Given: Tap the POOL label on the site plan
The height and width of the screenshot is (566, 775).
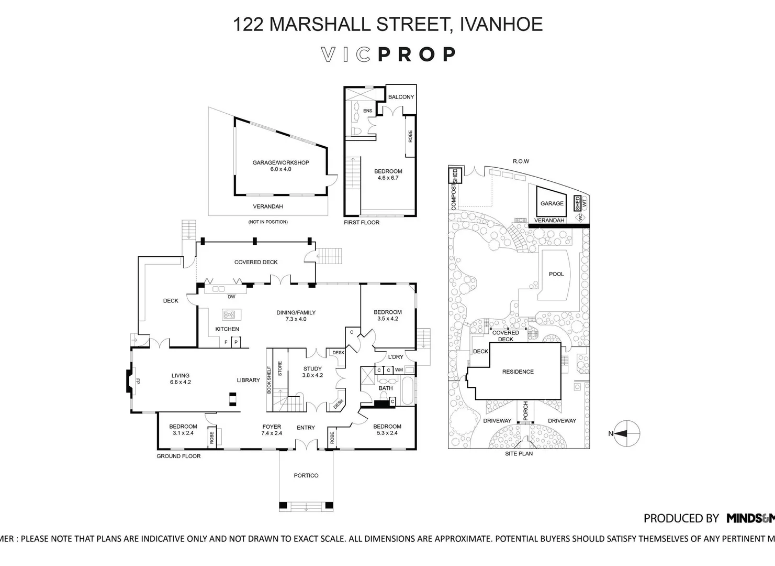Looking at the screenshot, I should tap(556, 274).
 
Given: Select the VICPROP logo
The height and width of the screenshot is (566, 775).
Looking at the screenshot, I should tap(388, 55).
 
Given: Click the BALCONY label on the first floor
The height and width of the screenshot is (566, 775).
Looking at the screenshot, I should tap(401, 97).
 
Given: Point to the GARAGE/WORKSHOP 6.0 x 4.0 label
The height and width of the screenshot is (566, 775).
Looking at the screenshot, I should tap(280, 166).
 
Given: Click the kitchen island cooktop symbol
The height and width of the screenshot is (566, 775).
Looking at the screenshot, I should tap(229, 314).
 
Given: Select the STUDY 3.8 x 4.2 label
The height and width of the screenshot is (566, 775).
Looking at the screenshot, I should tap(312, 372).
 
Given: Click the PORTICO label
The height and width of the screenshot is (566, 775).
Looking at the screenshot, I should tap(306, 475).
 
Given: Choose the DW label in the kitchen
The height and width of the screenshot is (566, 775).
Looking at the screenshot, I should tap(232, 297).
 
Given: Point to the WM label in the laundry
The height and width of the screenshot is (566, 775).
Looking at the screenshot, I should tap(399, 370).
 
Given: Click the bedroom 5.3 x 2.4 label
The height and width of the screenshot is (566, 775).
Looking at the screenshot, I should tap(387, 430).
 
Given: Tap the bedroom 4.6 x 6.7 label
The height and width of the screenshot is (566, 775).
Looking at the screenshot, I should tap(388, 175).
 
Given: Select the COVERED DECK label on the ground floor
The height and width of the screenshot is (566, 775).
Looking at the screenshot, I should tap(256, 262).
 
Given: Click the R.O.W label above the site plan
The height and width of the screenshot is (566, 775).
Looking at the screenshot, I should tap(521, 161).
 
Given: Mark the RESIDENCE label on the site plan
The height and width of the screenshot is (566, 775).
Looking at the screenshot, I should tap(518, 372).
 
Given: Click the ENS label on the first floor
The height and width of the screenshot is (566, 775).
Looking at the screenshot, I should tap(368, 111).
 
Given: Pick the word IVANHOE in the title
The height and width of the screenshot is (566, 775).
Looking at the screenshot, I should tap(501, 25).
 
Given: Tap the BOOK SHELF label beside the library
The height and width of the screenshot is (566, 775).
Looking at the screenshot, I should tap(269, 379).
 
